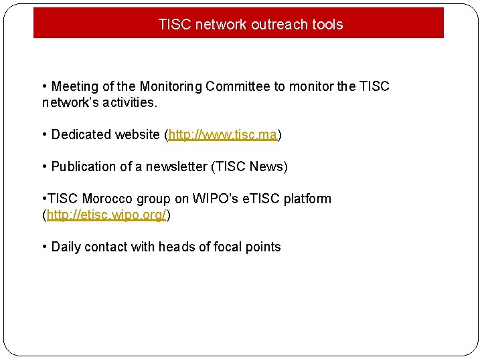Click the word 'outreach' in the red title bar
[276, 25]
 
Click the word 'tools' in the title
[327, 25]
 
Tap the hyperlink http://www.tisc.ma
[223, 134]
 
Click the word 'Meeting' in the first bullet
[74, 87]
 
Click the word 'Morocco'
[108, 199]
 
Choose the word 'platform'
[307, 199]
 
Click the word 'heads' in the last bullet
[175, 247]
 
